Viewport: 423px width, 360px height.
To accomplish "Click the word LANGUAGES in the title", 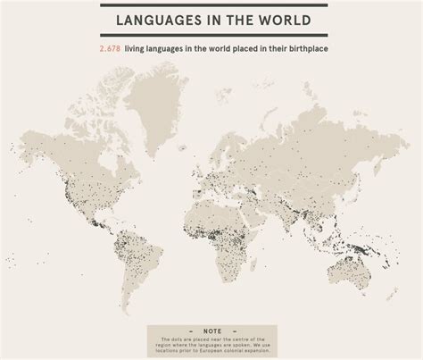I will pos(160,20).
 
